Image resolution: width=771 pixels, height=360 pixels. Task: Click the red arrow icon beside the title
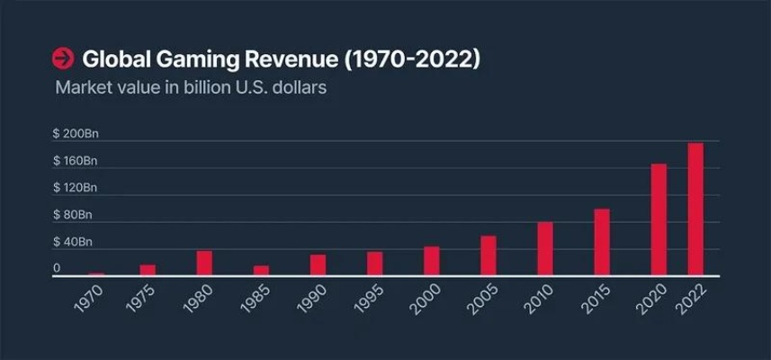(x=63, y=59)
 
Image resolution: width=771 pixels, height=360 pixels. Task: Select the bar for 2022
(x=695, y=210)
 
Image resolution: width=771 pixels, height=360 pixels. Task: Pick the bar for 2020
(x=659, y=220)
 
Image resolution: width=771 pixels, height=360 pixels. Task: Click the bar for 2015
(x=602, y=242)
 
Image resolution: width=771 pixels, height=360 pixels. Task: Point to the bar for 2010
(x=545, y=248)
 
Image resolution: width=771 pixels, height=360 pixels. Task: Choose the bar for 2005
(x=488, y=256)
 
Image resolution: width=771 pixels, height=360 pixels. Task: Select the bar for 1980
(x=204, y=263)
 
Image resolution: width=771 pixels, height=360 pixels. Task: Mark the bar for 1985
(x=261, y=270)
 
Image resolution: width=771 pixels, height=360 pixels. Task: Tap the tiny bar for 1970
(x=96, y=274)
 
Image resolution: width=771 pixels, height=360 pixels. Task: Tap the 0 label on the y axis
(x=57, y=268)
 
